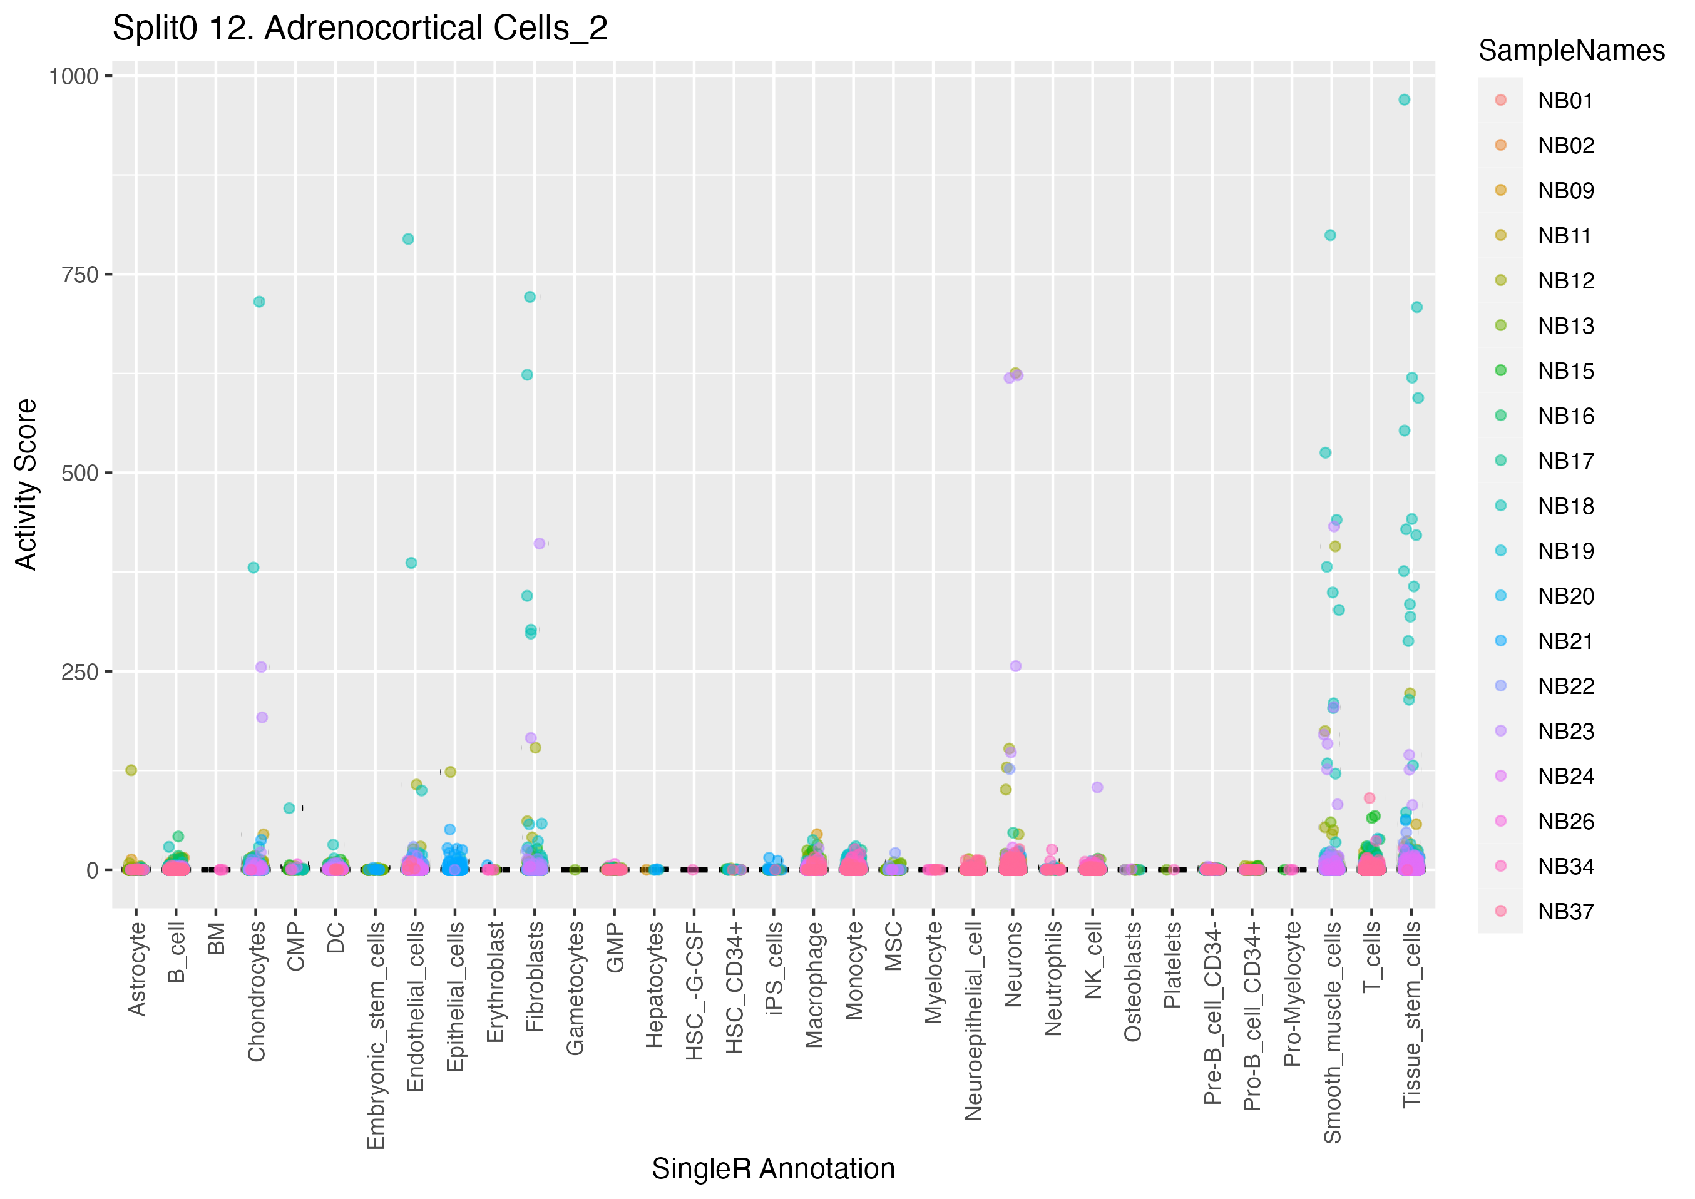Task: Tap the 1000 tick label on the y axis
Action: (x=73, y=76)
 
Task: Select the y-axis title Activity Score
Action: (x=26, y=484)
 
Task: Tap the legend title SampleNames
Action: (x=1571, y=51)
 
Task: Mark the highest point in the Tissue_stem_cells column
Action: (x=1404, y=99)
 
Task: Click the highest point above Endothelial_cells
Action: (x=408, y=239)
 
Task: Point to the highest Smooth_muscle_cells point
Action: (x=1330, y=235)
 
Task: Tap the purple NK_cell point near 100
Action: (x=1097, y=788)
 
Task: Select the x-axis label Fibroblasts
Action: (x=535, y=976)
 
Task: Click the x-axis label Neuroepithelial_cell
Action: (x=974, y=1020)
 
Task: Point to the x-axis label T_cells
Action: (x=1371, y=957)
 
